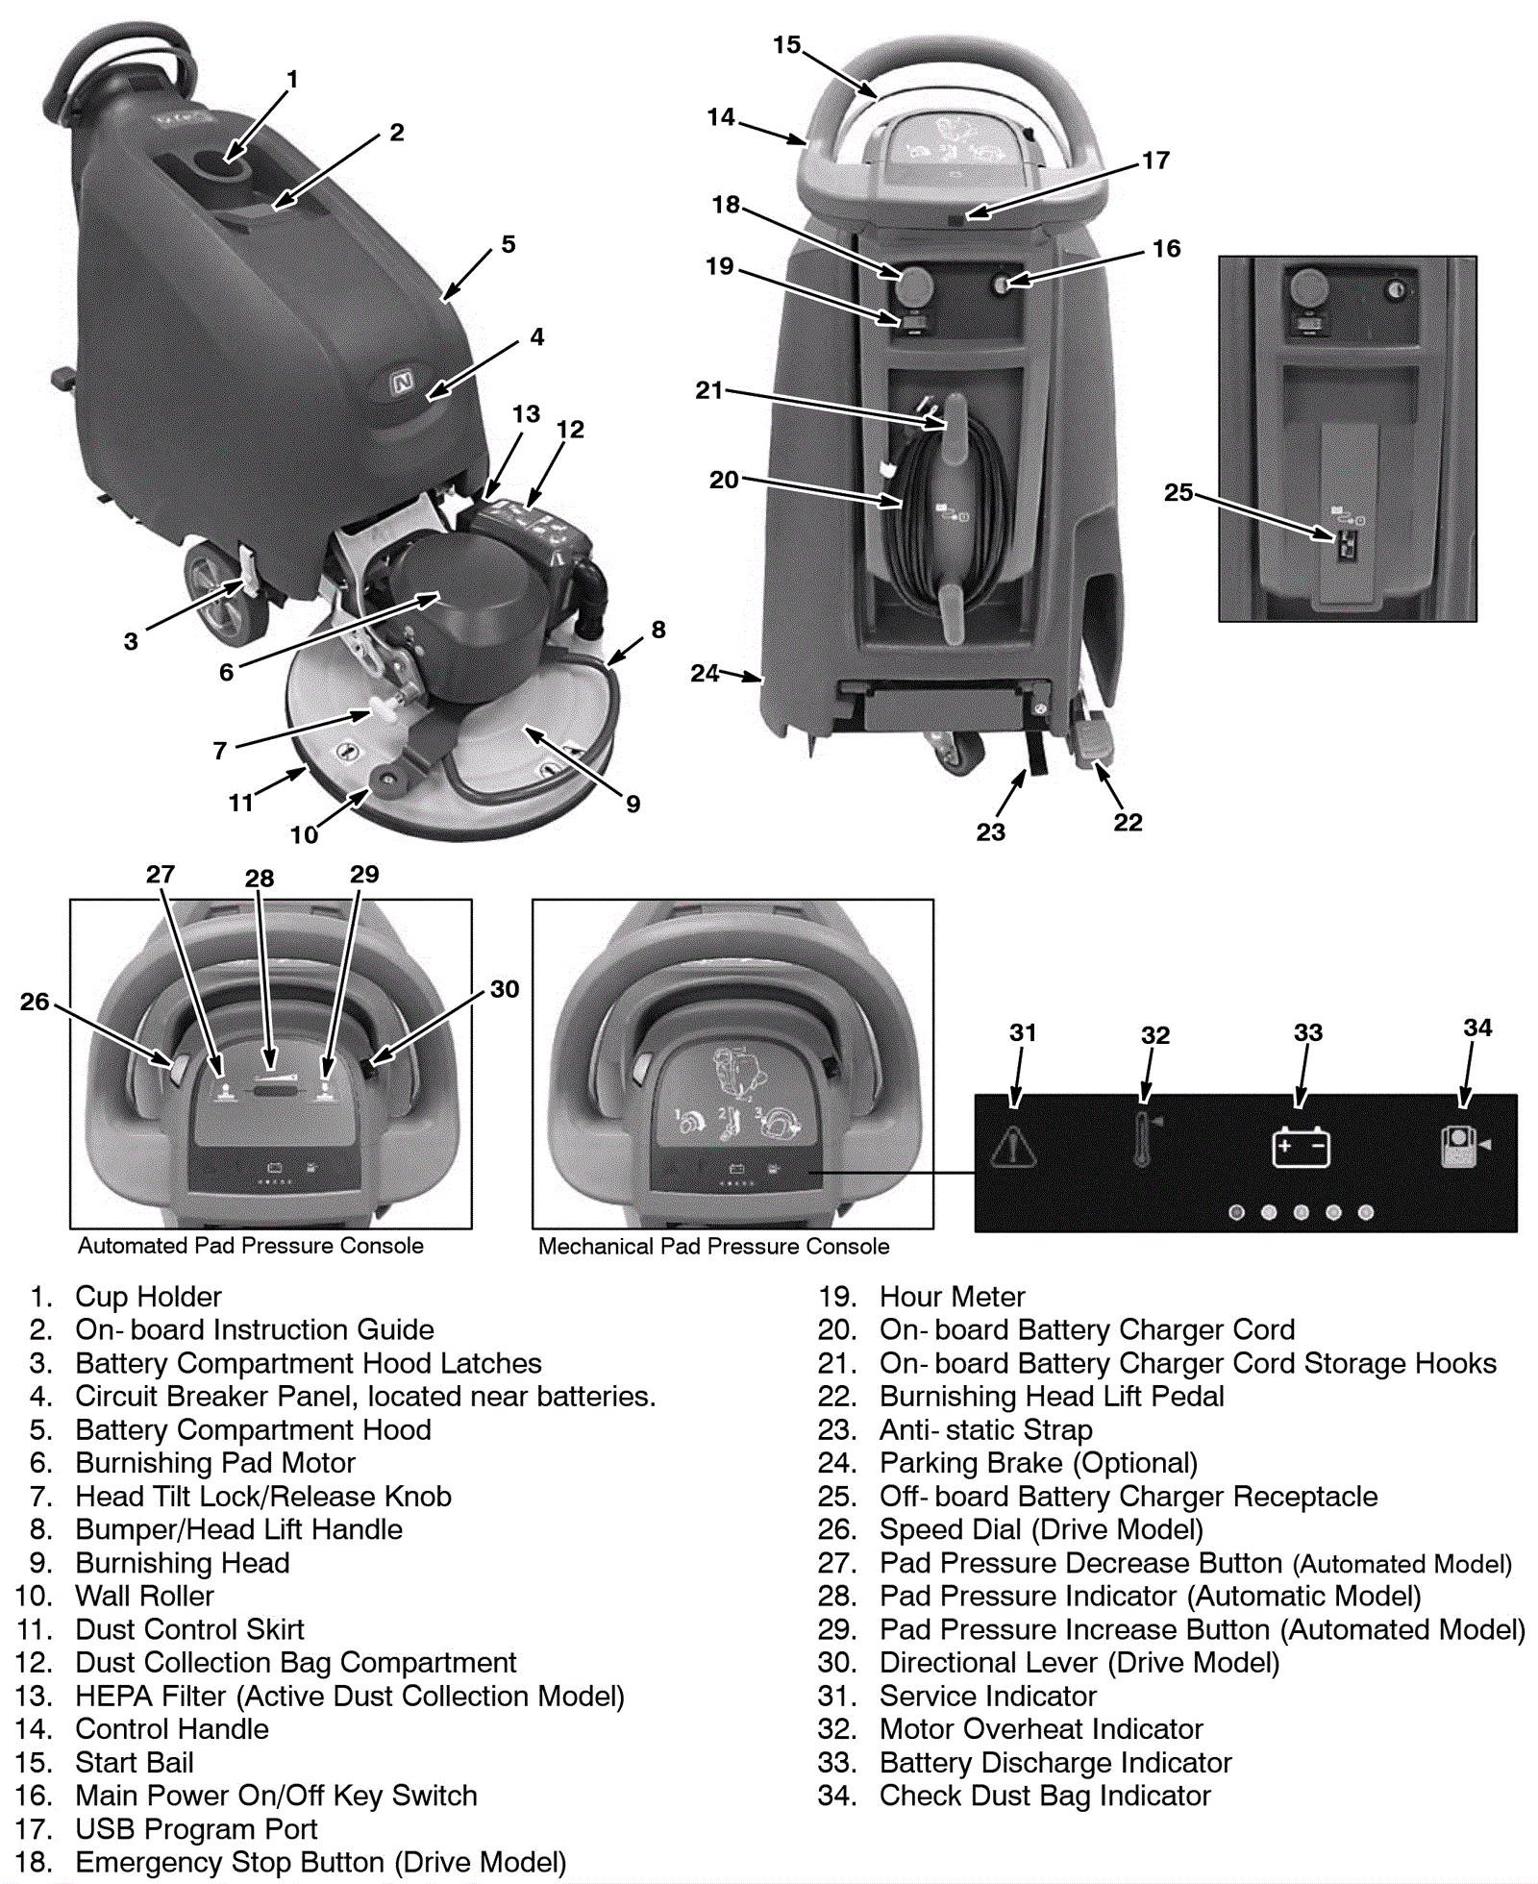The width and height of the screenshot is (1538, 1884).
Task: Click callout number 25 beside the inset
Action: (x=1178, y=492)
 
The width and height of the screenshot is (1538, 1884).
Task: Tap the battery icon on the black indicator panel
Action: (x=1301, y=1147)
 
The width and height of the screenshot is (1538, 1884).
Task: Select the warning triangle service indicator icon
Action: (x=1013, y=1146)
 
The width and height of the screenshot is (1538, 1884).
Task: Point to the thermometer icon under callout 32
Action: (x=1143, y=1140)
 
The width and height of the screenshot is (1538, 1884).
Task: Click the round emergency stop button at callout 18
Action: (x=914, y=285)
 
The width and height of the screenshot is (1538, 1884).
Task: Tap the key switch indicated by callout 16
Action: (x=1003, y=285)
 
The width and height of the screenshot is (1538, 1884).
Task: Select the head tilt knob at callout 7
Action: (x=384, y=711)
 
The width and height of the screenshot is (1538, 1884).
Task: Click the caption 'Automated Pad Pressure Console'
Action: (x=250, y=1246)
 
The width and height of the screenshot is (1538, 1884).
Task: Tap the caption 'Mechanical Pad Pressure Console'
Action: (x=713, y=1247)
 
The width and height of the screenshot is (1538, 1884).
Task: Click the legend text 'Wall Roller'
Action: (x=144, y=1596)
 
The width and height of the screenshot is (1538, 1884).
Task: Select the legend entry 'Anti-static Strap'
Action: (x=985, y=1429)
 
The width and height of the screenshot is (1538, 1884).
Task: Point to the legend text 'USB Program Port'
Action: (x=195, y=1828)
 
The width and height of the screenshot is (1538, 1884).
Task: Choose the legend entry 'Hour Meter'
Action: (x=952, y=1297)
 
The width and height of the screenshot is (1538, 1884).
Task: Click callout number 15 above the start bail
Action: (x=786, y=45)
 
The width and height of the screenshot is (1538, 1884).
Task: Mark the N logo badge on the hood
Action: (x=403, y=384)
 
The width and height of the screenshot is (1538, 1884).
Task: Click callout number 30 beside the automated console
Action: (x=504, y=989)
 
